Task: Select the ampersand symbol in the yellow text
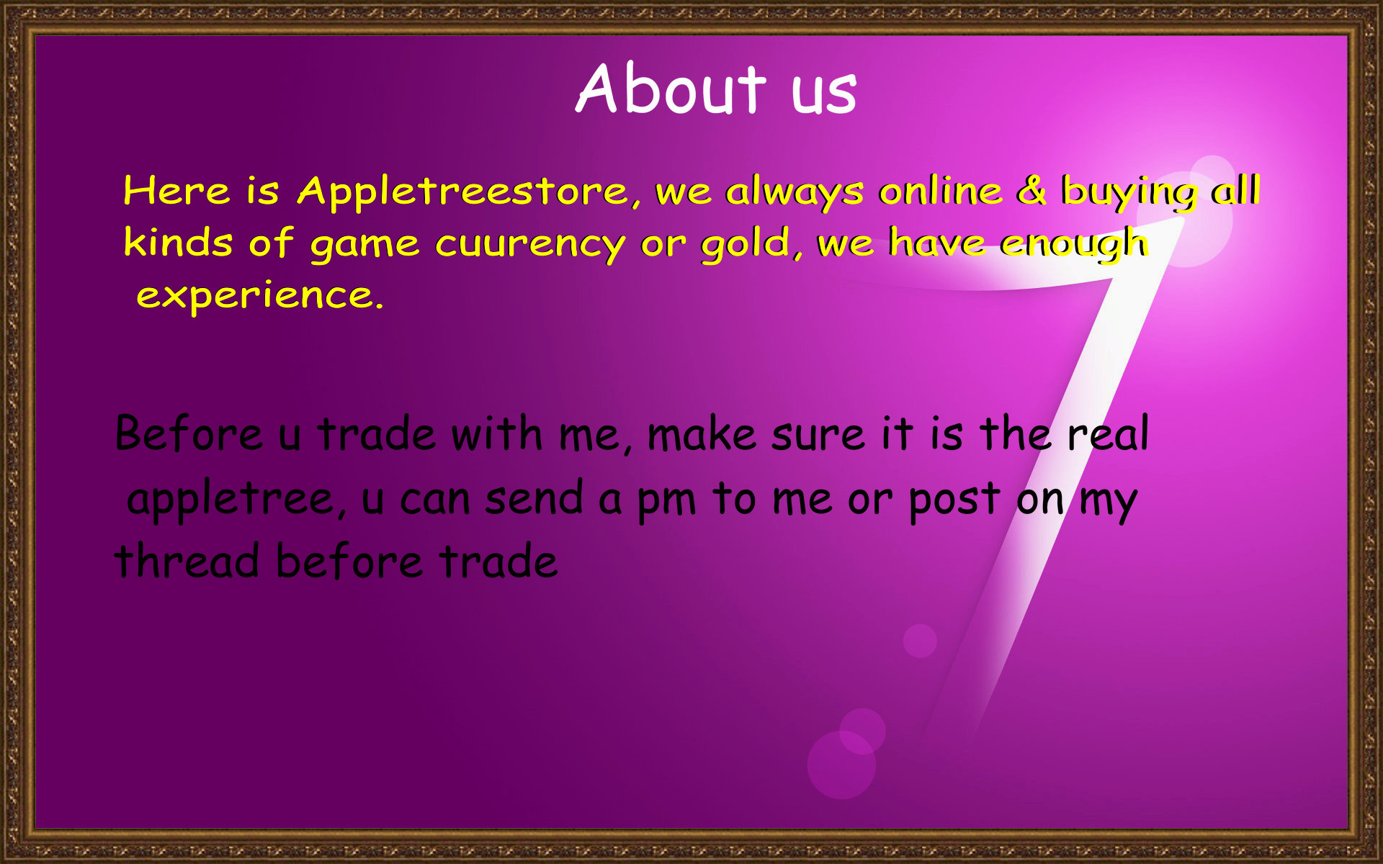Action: (1031, 190)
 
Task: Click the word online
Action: (941, 191)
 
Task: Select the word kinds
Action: (178, 242)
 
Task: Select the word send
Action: (534, 498)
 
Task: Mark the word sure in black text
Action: (818, 436)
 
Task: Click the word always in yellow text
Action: (795, 192)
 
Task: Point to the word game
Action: (364, 246)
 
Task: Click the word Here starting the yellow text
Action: (176, 191)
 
